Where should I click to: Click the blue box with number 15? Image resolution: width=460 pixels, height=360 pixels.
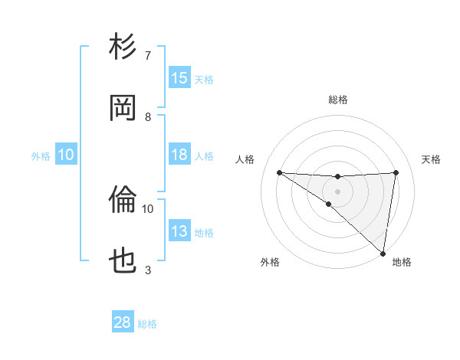tap(179, 78)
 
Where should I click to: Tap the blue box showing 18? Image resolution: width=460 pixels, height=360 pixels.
tap(179, 155)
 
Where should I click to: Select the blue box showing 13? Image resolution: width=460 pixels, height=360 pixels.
tap(179, 231)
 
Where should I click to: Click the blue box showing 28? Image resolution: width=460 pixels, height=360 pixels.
tap(123, 322)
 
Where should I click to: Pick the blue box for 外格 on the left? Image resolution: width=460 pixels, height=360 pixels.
tap(66, 155)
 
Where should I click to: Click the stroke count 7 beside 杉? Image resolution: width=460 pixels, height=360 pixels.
tap(147, 55)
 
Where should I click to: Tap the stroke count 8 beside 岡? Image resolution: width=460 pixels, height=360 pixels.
tap(148, 116)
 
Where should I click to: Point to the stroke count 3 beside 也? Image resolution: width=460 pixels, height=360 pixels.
tap(148, 270)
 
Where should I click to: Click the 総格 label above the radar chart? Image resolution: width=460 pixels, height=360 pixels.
tap(338, 100)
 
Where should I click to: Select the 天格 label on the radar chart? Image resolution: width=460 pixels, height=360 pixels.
tap(432, 159)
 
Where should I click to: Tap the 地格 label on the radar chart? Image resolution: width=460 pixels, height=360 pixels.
tap(402, 262)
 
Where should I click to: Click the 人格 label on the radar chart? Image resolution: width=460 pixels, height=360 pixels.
tap(245, 159)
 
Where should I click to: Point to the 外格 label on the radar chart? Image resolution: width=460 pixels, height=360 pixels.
tap(270, 262)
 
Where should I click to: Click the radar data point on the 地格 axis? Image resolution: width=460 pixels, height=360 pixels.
tap(383, 253)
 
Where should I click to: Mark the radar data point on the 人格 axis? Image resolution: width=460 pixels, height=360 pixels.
tap(279, 172)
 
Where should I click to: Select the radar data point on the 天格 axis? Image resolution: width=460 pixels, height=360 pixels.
tap(396, 172)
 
